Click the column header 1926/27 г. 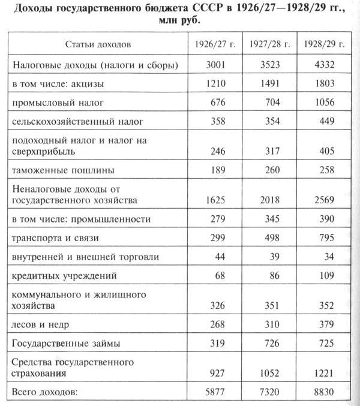(211, 45)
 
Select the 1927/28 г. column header (269, 45)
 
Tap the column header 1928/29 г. (324, 45)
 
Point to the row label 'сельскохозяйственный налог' (77, 122)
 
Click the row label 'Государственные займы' (65, 344)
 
